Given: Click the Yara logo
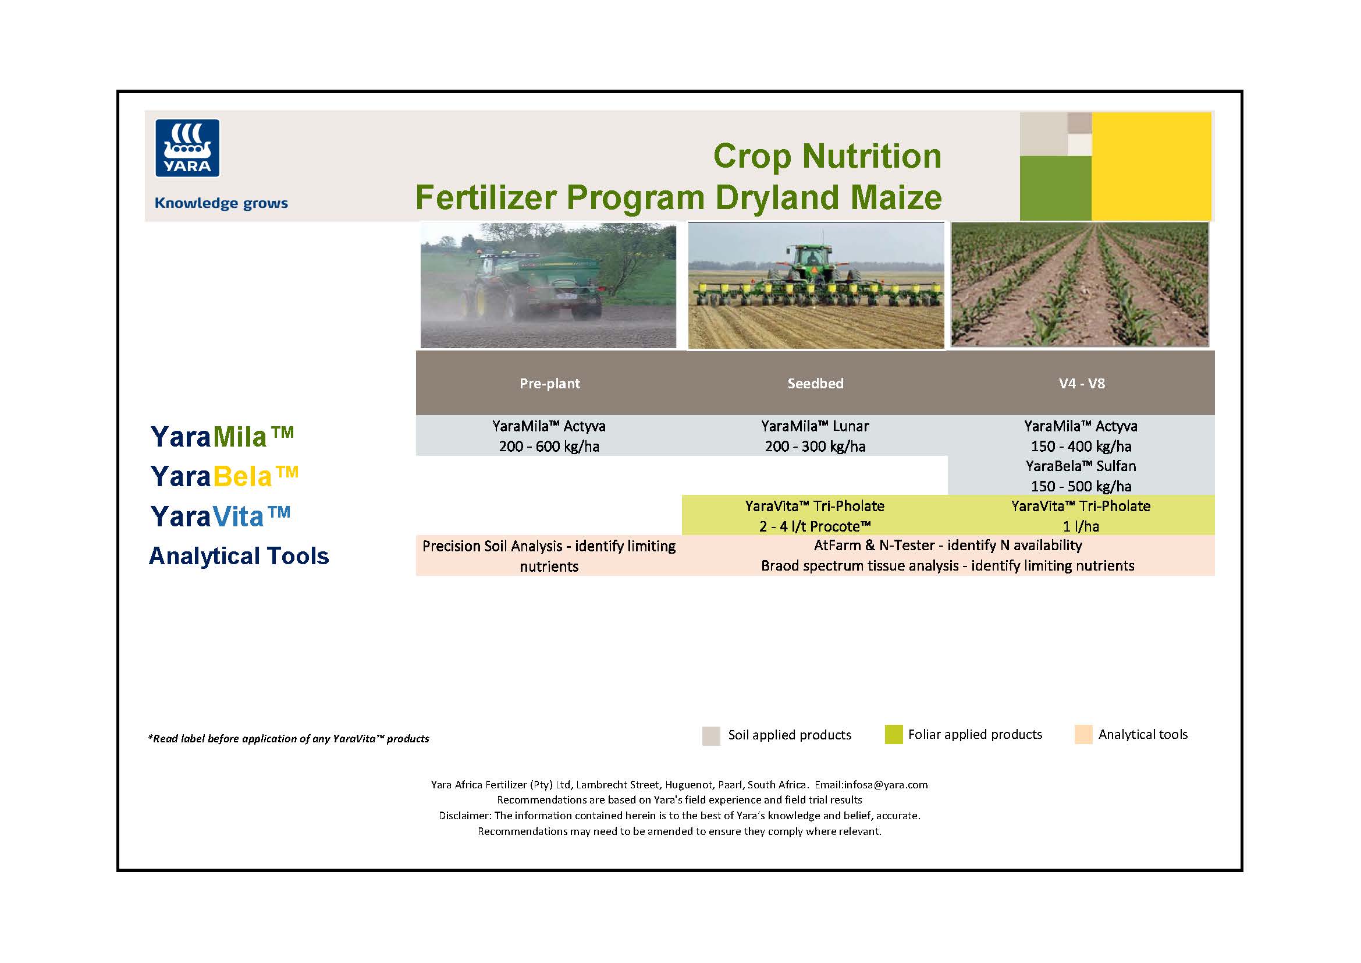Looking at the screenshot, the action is click(x=187, y=148).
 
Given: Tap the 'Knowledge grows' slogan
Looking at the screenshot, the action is click(x=221, y=203).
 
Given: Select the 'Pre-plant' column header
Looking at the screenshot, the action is click(x=549, y=383).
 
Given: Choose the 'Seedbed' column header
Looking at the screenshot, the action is click(x=815, y=383).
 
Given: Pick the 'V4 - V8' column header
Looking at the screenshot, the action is click(x=1082, y=383).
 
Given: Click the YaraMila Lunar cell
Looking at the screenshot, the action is click(x=815, y=436).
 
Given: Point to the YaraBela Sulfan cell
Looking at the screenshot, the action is click(x=1081, y=476).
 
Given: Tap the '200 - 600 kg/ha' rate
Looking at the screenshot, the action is click(x=549, y=447).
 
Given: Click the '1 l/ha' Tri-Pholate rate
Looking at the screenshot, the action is click(x=1081, y=526).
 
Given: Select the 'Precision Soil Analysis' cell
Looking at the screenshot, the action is click(x=549, y=555).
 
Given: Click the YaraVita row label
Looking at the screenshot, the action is click(x=221, y=516).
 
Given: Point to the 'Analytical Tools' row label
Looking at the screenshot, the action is click(x=239, y=555).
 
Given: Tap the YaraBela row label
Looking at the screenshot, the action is click(x=224, y=476).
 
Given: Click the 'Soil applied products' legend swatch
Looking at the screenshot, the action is click(x=710, y=735).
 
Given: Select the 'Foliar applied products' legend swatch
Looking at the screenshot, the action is click(x=893, y=734).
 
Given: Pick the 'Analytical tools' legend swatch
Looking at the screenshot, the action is click(x=1083, y=734).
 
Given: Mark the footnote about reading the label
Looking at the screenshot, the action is click(x=289, y=738).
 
